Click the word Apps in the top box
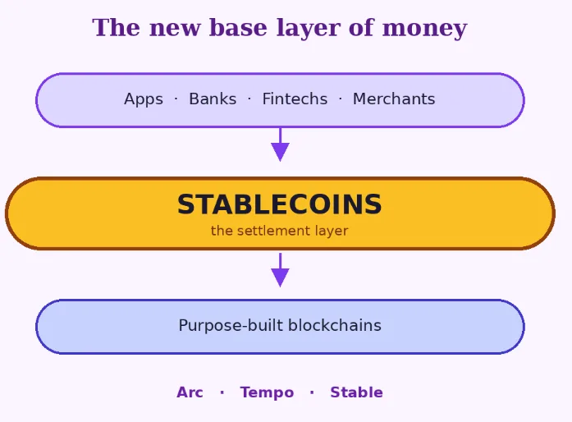tap(144, 99)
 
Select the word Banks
tap(213, 99)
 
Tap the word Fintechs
tap(295, 99)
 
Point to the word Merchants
tap(394, 99)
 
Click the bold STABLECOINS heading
tap(279, 204)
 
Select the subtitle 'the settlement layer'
tap(279, 231)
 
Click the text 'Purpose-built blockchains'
tap(280, 326)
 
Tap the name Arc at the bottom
tap(190, 392)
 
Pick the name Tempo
tap(267, 392)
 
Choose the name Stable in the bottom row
tap(356, 392)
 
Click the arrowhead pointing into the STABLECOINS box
tap(280, 152)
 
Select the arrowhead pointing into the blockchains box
tap(280, 278)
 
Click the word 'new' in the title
tap(173, 28)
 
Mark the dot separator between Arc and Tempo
tap(222, 392)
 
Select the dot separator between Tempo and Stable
tap(312, 392)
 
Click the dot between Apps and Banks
tap(176, 99)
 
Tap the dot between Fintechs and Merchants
tap(340, 99)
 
